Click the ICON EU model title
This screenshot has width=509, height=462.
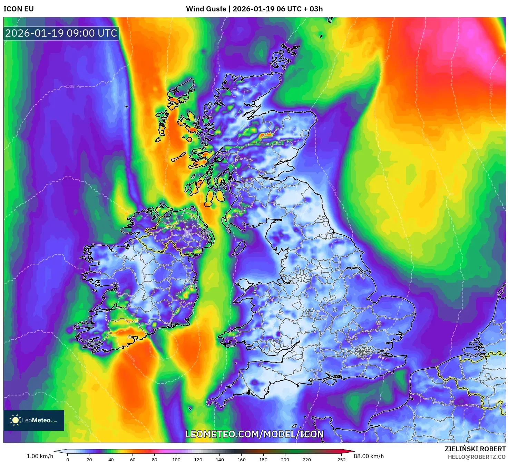pyautogui.click(x=19, y=9)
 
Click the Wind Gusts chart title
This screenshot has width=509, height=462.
pyautogui.click(x=254, y=9)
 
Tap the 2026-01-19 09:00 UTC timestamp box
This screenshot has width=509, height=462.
pyautogui.click(x=61, y=34)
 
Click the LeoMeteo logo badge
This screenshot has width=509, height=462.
pyautogui.click(x=34, y=420)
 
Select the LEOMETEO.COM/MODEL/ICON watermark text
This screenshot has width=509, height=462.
pyautogui.click(x=255, y=434)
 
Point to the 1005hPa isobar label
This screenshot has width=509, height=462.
pyautogui.click(x=73, y=86)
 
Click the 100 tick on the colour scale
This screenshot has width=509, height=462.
pyautogui.click(x=176, y=459)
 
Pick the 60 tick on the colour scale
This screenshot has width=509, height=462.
pyautogui.click(x=133, y=459)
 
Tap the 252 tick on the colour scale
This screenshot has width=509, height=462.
pyautogui.click(x=341, y=459)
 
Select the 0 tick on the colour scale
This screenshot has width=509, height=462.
pyautogui.click(x=68, y=459)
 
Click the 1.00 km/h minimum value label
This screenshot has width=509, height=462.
pyautogui.click(x=40, y=456)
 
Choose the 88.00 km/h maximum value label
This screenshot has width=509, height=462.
pyautogui.click(x=369, y=456)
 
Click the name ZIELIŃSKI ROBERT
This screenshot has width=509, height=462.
pyautogui.click(x=475, y=449)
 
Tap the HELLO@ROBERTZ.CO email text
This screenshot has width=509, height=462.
pyautogui.click(x=477, y=457)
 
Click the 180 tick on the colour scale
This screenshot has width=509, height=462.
pyautogui.click(x=263, y=459)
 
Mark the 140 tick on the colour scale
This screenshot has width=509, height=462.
pyautogui.click(x=220, y=459)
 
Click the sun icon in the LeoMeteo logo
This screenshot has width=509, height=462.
pyautogui.click(x=15, y=420)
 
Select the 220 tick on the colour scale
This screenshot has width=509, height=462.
pyautogui.click(x=307, y=459)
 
